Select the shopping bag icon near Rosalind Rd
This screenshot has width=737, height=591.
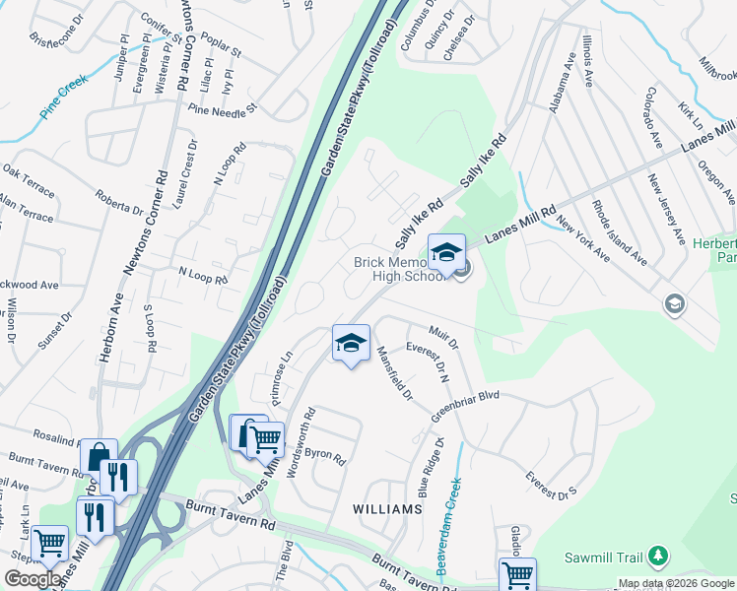click(x=99, y=456)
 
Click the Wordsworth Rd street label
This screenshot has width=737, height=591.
click(x=300, y=442)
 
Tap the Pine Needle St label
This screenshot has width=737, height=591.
click(x=223, y=108)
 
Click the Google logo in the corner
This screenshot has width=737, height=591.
click(x=33, y=579)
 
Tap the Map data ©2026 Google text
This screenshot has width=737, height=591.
click(x=675, y=583)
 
